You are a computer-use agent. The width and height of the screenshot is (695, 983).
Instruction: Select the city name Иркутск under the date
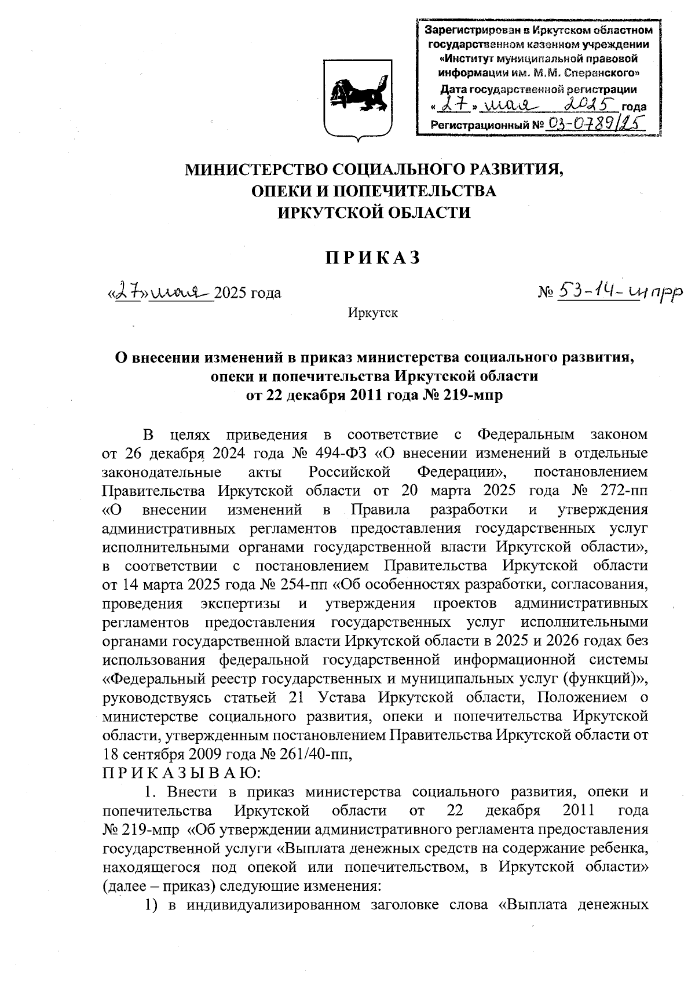[372, 313]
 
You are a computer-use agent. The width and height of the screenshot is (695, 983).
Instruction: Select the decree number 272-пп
[623, 491]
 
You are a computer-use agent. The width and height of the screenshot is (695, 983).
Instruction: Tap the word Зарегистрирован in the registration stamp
[470, 30]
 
